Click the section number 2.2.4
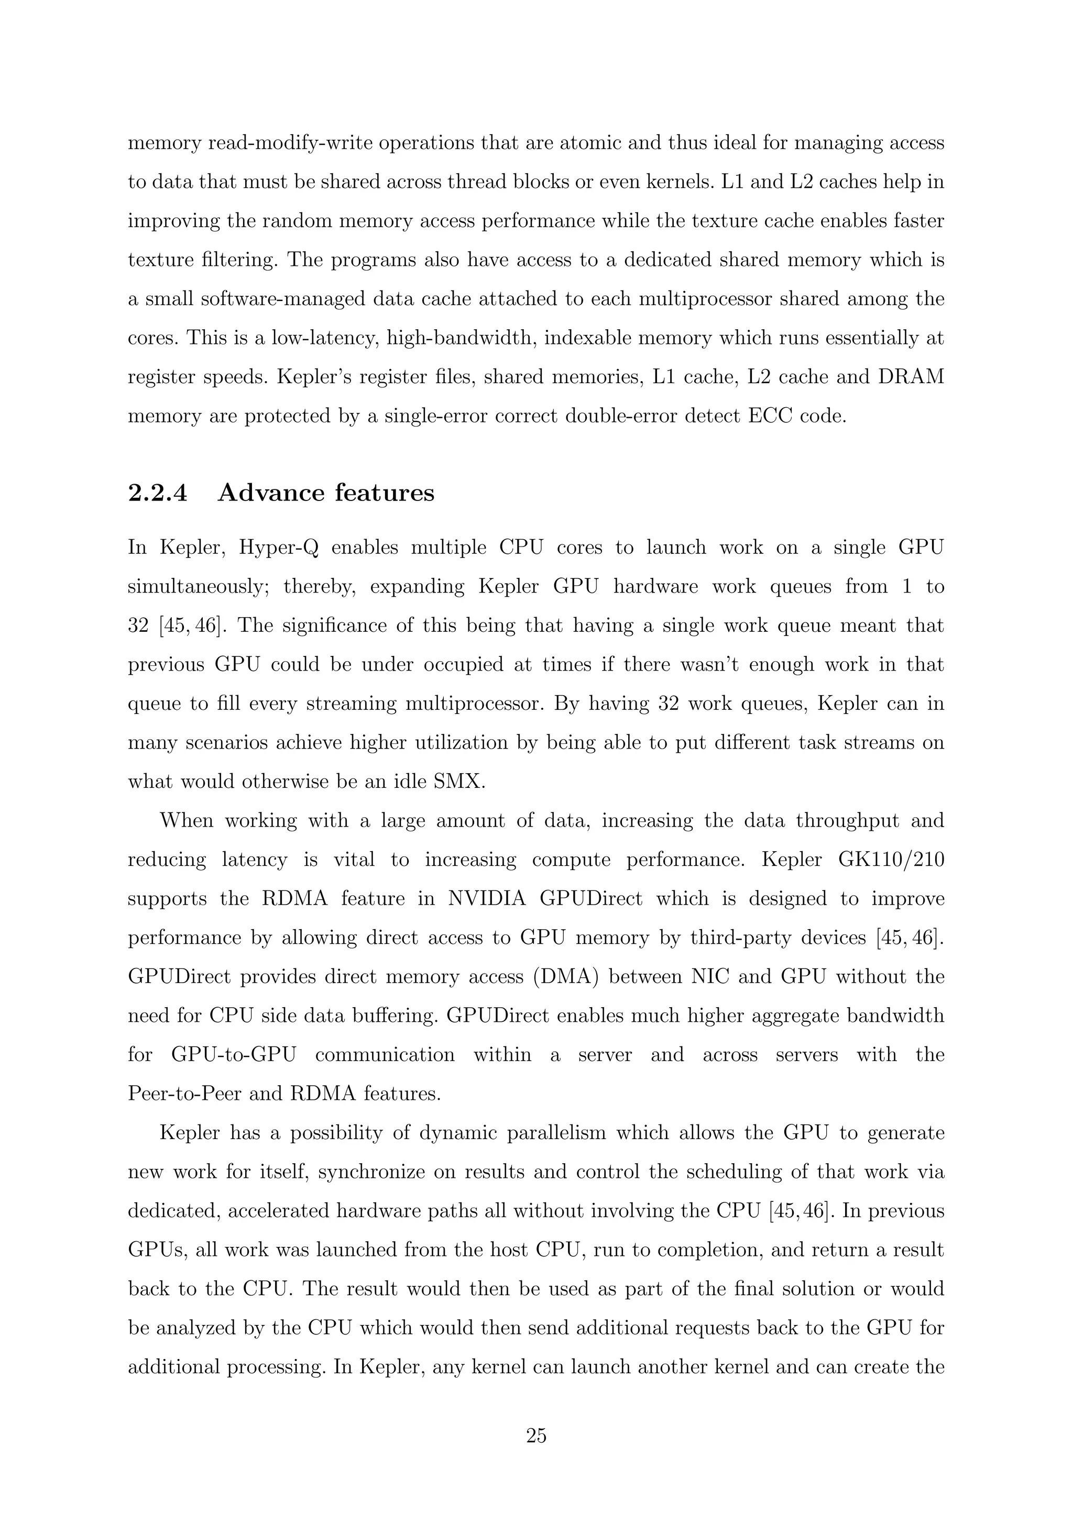157,493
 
